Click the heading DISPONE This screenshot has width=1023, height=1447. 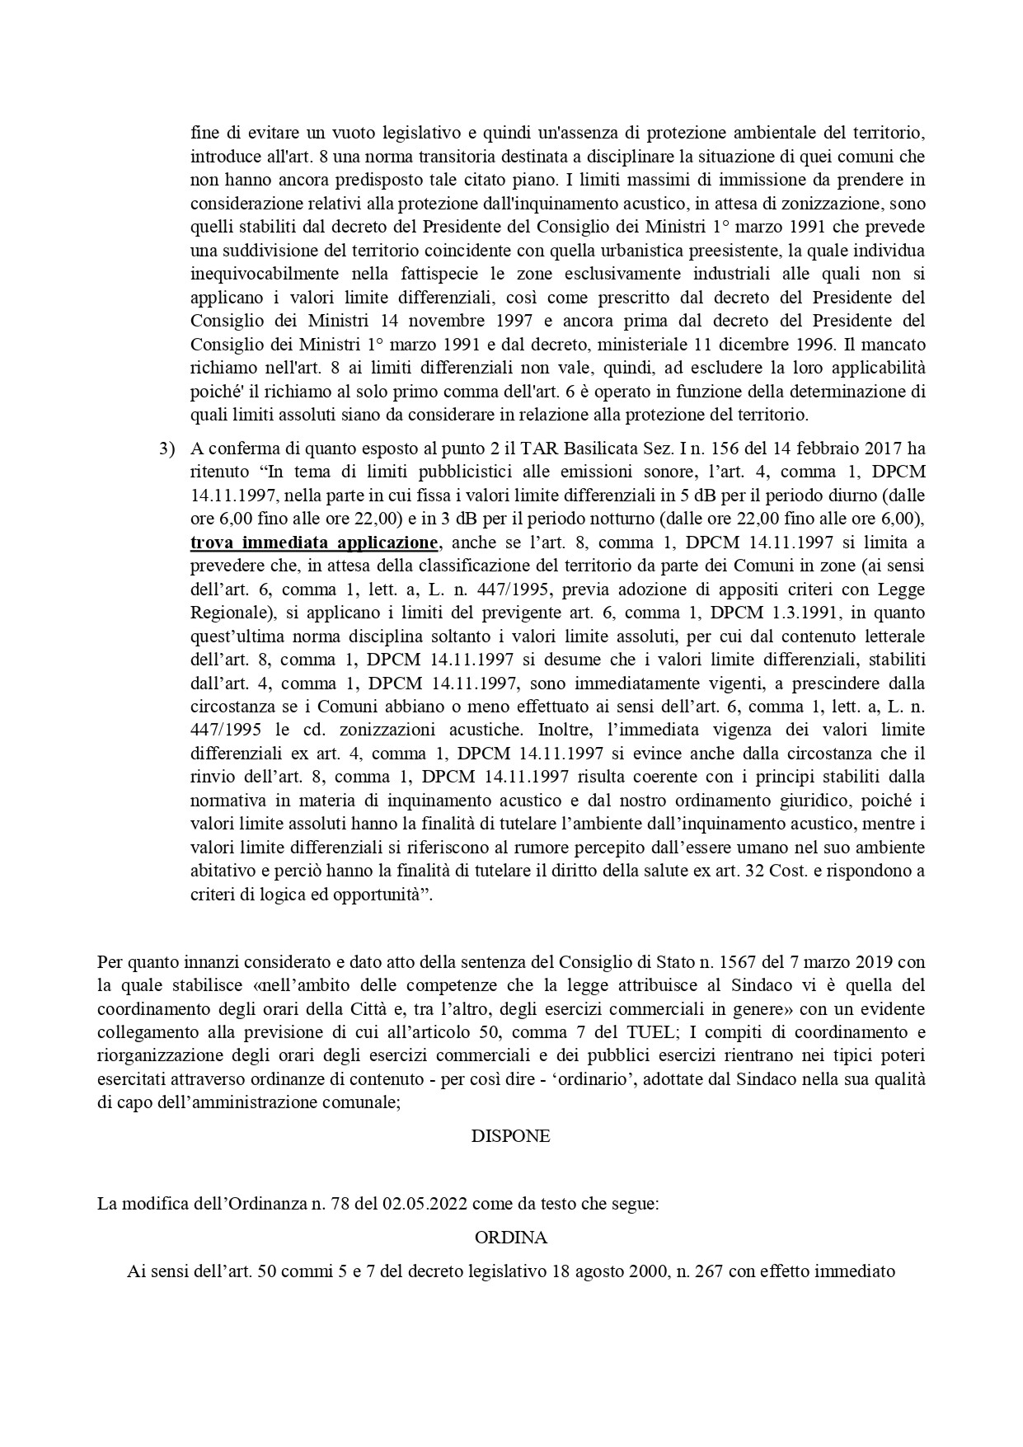(x=510, y=1135)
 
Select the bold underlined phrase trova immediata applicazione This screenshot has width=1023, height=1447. (x=314, y=543)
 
